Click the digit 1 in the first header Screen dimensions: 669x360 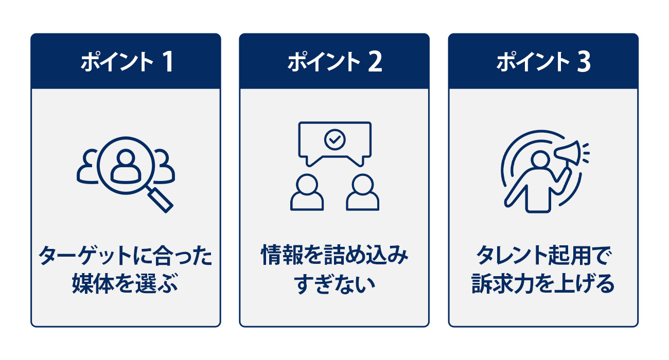168,62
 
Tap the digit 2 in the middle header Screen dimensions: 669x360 375,62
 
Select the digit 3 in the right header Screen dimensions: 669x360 584,62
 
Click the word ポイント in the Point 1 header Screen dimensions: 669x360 117,62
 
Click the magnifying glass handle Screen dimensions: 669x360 161,200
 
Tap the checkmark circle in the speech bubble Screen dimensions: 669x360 335,140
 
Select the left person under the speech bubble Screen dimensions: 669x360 307,192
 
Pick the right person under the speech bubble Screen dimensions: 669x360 363,192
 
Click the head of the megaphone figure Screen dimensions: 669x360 540,160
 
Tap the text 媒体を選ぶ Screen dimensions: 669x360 125,283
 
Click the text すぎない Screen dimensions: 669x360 334,284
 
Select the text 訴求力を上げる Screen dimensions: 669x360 543,283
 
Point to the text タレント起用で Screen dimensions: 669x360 543,256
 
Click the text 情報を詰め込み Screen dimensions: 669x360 334,255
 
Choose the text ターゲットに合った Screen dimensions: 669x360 126,256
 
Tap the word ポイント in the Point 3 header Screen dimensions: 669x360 533,62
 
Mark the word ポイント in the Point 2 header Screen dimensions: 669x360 324,62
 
